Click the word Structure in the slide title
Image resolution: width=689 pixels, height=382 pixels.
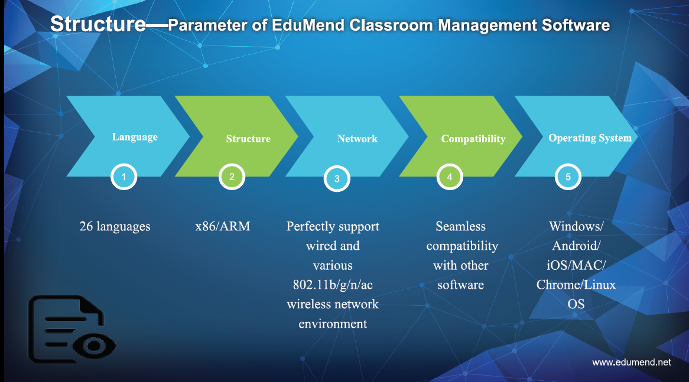point(98,24)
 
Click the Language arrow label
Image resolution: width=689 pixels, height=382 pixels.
point(135,137)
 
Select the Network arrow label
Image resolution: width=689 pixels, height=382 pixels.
point(357,139)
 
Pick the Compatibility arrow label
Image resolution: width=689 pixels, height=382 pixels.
point(473,139)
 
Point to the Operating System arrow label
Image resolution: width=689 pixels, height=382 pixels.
point(590,138)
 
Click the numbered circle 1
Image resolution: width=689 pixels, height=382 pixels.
point(124,177)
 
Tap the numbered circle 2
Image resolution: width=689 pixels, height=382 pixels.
point(232,177)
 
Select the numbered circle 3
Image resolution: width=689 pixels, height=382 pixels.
point(337,178)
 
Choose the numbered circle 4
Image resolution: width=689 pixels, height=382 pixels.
point(450,177)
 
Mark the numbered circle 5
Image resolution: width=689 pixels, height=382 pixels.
point(568,177)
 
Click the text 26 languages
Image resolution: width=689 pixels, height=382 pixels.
point(115,227)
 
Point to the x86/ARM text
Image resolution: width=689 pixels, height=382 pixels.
point(223,226)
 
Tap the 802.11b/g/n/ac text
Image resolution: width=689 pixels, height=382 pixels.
point(333,285)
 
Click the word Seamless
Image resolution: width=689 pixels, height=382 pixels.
point(460,226)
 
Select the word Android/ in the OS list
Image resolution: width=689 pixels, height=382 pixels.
point(576,246)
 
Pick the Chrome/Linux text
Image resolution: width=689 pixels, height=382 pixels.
point(576,285)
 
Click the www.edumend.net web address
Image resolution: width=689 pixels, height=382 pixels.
point(632,363)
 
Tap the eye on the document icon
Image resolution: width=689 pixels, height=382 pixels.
point(93,345)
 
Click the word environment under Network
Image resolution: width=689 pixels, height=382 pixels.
point(333,324)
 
